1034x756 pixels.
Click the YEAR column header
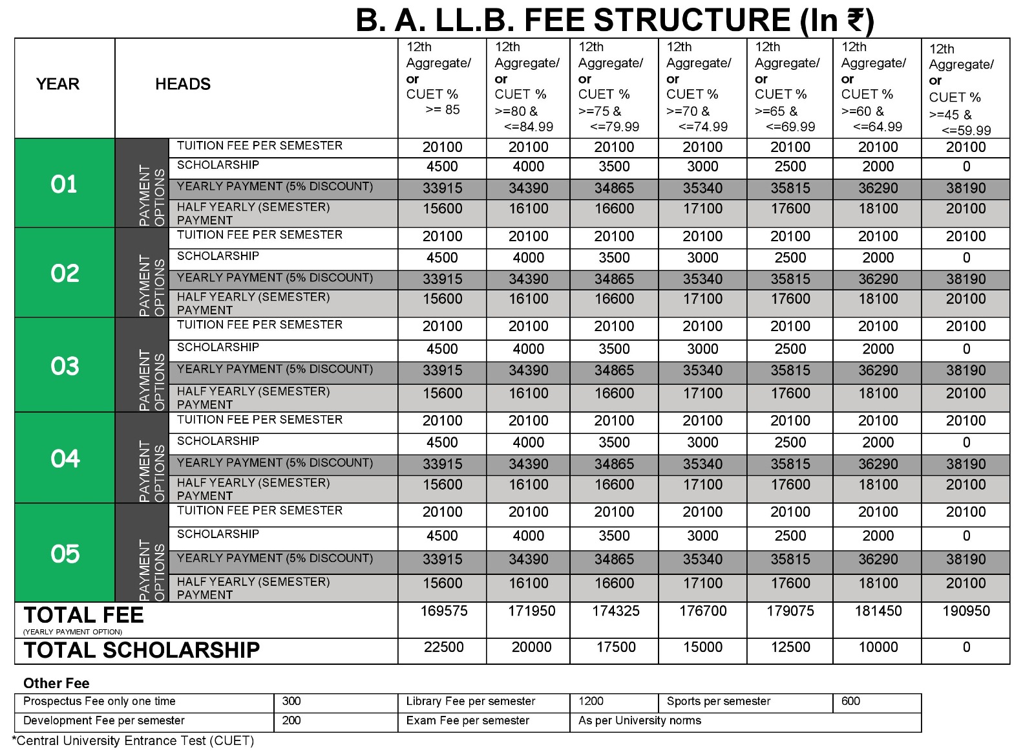click(x=58, y=84)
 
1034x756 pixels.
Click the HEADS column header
click(x=183, y=84)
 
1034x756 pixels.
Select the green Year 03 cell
click(x=65, y=366)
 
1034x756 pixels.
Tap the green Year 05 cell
click(x=65, y=554)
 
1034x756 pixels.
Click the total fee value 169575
click(x=443, y=611)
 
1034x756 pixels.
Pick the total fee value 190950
click(x=965, y=611)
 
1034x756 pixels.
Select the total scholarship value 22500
click(x=443, y=647)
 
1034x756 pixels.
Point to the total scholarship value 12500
click(x=790, y=647)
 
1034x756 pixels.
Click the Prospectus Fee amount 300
click(x=291, y=702)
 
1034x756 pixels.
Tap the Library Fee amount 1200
click(x=591, y=702)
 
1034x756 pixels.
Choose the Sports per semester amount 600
click(x=850, y=702)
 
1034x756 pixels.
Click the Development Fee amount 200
click(x=291, y=721)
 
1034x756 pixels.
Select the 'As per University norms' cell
click(x=640, y=721)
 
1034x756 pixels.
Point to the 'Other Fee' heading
click(x=56, y=684)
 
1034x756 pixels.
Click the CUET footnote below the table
click(x=133, y=741)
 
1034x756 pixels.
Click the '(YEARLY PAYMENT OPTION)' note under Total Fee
click(x=72, y=632)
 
